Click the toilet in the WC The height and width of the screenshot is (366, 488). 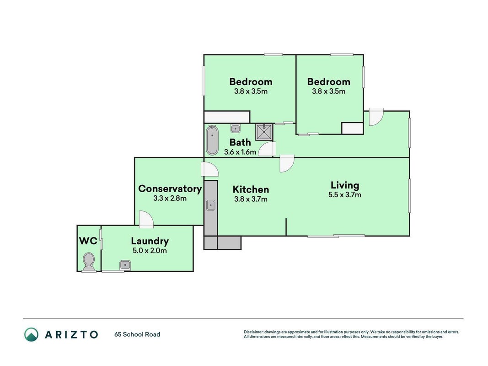89,262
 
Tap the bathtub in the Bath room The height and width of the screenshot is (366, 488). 212,140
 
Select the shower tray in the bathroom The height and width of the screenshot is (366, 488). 264,132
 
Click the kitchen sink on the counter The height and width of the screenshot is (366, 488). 211,205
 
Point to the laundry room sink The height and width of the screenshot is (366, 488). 125,265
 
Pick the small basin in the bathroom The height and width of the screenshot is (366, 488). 235,128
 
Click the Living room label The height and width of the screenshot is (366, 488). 345,185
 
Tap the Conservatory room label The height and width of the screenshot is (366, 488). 170,188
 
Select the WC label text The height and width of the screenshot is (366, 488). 88,241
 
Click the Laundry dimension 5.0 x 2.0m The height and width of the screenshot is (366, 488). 150,251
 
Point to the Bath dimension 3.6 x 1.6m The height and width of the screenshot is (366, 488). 240,152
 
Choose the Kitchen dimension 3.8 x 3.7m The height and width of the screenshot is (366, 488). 251,199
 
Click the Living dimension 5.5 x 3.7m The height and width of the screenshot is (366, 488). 345,195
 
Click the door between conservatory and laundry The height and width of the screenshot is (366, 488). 146,219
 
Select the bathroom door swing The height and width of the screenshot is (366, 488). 267,149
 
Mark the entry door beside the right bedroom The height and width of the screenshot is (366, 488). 376,117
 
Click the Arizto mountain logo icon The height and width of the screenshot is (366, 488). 32,334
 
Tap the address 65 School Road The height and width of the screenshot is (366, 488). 137,334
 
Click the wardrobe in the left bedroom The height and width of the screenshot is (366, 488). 227,117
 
